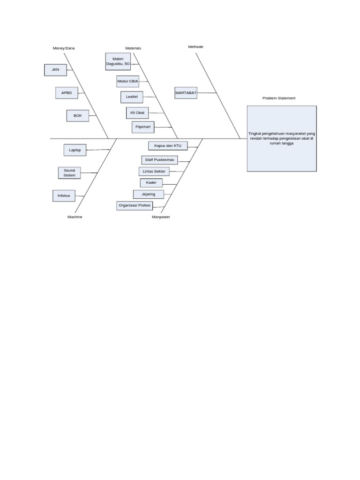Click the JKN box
(x=56, y=70)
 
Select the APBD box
(x=67, y=93)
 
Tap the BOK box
(x=77, y=115)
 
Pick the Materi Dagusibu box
(x=118, y=61)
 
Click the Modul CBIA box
(x=127, y=81)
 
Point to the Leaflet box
(x=132, y=97)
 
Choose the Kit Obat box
(x=137, y=113)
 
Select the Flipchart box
(x=143, y=127)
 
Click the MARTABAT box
(x=186, y=93)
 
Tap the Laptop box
(x=75, y=150)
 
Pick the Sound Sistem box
(x=69, y=172)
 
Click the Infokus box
(x=63, y=195)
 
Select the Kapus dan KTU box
(x=167, y=146)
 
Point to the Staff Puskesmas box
(x=159, y=160)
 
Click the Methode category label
(x=195, y=47)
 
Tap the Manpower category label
(x=161, y=217)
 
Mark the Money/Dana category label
(x=64, y=48)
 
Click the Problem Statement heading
(x=279, y=98)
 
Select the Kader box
(x=151, y=182)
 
